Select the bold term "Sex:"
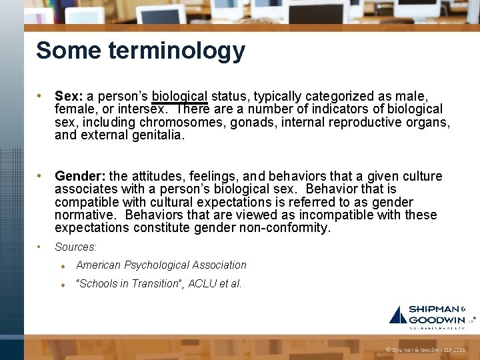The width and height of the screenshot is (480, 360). pos(69,96)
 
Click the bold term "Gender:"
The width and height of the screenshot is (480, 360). pos(80,176)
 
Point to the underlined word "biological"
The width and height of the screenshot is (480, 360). pos(179,96)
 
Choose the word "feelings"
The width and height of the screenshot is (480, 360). pos(211,176)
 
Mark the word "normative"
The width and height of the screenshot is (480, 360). pos(85,215)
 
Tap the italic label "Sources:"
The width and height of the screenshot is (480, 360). pos(75,247)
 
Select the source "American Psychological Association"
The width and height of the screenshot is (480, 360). pos(161,265)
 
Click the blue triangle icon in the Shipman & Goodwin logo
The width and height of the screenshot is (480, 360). pos(398,315)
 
